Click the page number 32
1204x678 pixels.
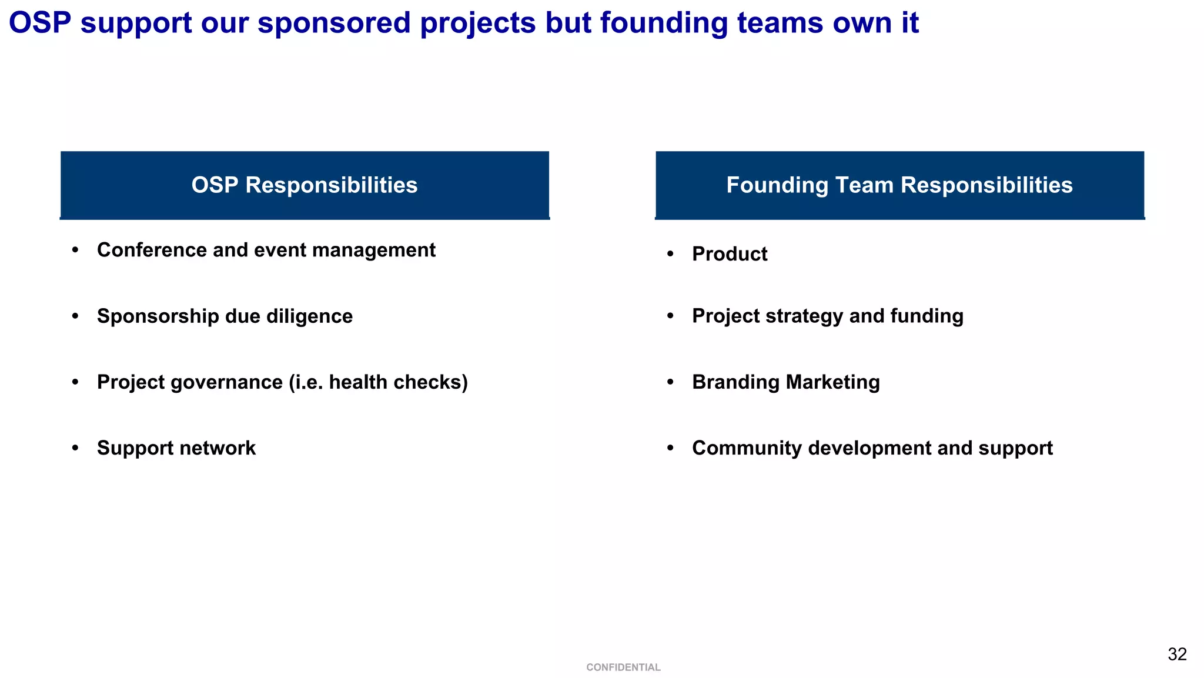[x=1177, y=654]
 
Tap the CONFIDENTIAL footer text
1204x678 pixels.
[x=623, y=667]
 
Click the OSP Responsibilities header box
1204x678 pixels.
[x=305, y=185]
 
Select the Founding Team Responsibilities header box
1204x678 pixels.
[x=899, y=185]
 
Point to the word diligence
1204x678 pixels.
[x=309, y=316]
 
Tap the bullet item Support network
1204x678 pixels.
[x=176, y=448]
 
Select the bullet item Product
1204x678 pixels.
[x=730, y=254]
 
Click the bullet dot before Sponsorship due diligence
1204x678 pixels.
[x=75, y=316]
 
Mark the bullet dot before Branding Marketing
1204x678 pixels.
[x=670, y=382]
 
